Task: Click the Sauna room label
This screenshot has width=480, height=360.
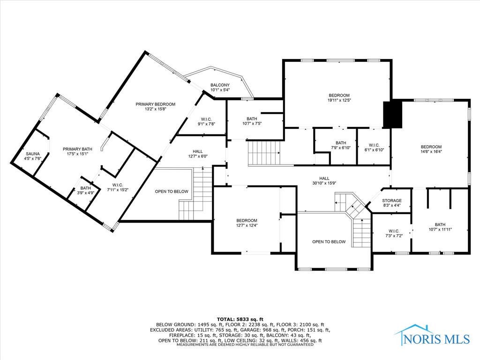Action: [33, 153]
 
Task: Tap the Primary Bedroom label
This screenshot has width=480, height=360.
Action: [155, 104]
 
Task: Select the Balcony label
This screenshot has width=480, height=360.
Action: [220, 84]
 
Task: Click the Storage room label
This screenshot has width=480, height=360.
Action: [391, 201]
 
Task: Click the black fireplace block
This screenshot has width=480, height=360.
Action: [393, 114]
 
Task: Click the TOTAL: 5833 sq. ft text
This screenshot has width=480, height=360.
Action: [240, 319]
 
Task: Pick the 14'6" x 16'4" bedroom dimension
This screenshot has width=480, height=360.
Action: [431, 151]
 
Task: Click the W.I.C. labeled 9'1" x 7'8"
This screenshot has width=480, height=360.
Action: [207, 121]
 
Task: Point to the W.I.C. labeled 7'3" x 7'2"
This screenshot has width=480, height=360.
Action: [393, 233]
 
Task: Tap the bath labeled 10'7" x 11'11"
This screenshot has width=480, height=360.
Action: [440, 227]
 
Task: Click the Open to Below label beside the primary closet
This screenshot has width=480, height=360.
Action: [172, 191]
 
